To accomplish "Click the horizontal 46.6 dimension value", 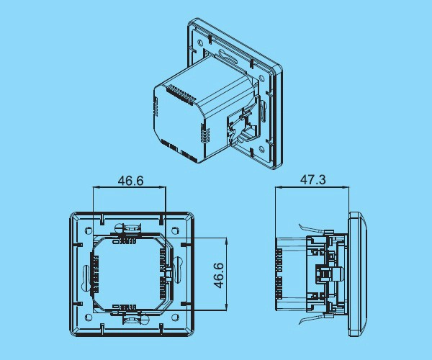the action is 130,181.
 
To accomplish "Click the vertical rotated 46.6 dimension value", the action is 219,275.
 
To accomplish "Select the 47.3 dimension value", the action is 312,180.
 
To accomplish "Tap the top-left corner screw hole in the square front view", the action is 88,230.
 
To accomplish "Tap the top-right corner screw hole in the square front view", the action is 175,230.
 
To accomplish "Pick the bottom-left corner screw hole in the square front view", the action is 88,317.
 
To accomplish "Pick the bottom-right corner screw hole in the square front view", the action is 175,317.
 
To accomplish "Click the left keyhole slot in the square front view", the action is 86,274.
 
